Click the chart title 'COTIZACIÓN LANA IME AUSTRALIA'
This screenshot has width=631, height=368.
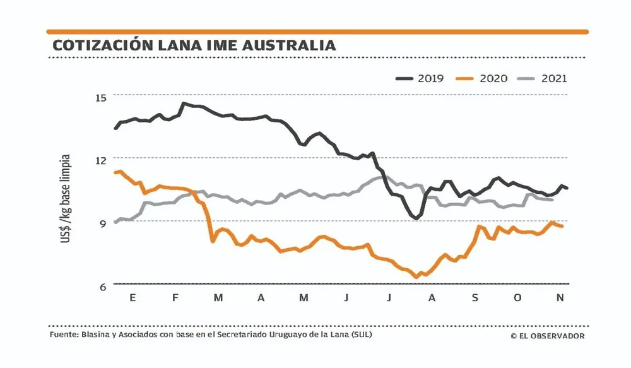(x=194, y=45)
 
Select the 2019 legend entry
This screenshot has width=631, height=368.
(x=420, y=78)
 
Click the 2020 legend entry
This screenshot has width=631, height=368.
(x=481, y=78)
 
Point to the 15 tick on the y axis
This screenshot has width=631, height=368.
(x=102, y=96)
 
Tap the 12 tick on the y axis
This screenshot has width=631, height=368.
(x=102, y=158)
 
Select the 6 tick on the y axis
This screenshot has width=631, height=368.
(x=103, y=286)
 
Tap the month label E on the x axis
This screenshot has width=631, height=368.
(x=133, y=298)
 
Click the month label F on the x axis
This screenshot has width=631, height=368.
(x=175, y=298)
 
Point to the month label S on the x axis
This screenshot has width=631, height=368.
(x=475, y=298)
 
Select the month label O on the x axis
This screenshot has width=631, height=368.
(x=517, y=298)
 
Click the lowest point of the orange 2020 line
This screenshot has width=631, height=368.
(x=416, y=276)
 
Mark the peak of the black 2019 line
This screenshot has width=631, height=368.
(x=183, y=103)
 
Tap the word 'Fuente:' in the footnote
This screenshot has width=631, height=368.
(x=64, y=335)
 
